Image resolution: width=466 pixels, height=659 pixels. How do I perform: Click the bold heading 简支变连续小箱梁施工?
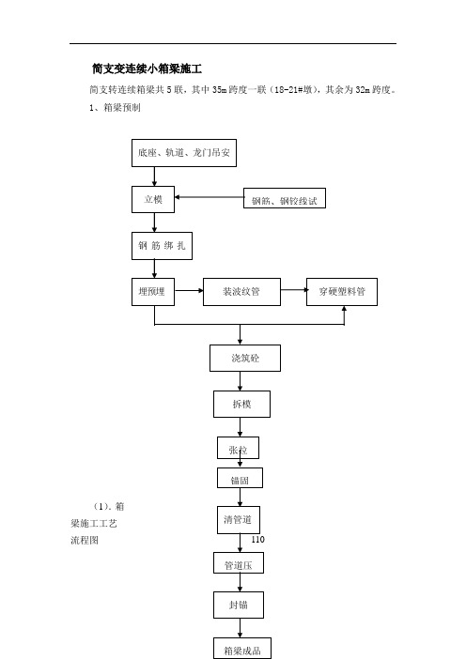click(148, 69)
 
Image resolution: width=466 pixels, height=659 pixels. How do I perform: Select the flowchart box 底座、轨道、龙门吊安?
click(184, 153)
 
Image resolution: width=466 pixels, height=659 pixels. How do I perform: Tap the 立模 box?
click(153, 199)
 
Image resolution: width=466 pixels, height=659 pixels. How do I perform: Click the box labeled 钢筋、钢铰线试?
click(285, 198)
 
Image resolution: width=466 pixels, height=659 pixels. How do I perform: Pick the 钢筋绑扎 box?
click(162, 246)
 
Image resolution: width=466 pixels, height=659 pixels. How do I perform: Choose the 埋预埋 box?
click(153, 292)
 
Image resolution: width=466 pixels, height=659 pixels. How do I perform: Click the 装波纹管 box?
click(241, 292)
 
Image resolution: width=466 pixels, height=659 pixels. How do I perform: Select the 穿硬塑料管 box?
click(342, 292)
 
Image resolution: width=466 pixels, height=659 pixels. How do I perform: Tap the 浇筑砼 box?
click(245, 358)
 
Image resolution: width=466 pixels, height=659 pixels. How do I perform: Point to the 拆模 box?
click(241, 404)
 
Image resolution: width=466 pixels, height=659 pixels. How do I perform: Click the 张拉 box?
click(238, 448)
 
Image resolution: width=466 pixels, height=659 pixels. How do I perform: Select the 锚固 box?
click(241, 478)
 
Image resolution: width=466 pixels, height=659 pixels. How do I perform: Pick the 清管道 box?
click(239, 520)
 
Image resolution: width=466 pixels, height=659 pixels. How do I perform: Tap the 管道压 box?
click(239, 562)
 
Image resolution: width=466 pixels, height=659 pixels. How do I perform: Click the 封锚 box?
click(239, 605)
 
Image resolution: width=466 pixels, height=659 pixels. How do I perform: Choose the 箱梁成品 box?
click(242, 648)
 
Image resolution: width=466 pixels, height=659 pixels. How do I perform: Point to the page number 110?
click(257, 539)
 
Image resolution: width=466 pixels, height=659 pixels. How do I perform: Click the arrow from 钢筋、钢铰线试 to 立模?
click(209, 197)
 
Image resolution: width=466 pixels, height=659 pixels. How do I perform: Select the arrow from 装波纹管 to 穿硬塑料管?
click(293, 289)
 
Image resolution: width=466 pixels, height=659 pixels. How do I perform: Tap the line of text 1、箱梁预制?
click(115, 108)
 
